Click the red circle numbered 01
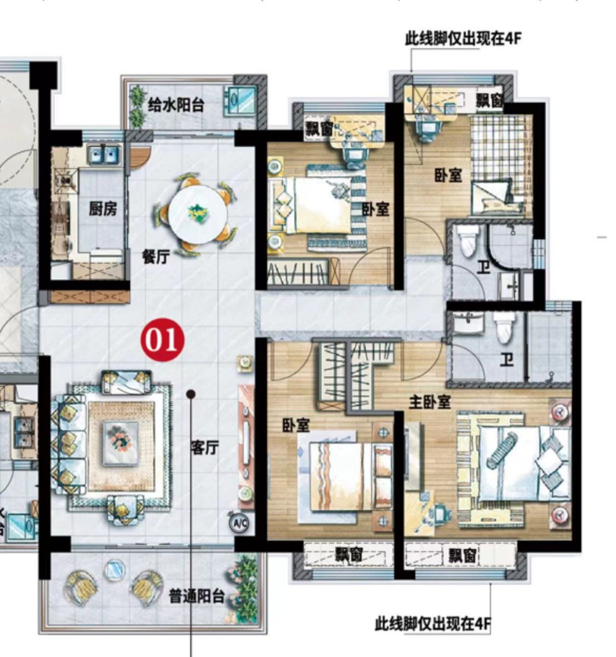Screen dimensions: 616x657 point(162,340)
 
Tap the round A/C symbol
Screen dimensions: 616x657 point(239,523)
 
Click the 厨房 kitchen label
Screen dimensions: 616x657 point(102,209)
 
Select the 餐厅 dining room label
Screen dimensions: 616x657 point(156,256)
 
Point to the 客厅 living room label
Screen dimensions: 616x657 point(204,448)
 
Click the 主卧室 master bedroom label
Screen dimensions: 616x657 point(430,402)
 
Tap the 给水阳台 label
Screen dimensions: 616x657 point(175,105)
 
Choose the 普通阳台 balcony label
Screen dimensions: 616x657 point(197,596)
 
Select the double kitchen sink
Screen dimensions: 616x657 point(104,154)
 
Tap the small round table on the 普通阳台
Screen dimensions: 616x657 point(115,569)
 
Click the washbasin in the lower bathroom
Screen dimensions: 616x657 point(468,323)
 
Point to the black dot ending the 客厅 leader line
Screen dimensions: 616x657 point(190,394)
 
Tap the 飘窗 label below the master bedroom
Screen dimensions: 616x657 point(463,556)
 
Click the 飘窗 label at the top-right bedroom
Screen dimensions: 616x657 point(489,101)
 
